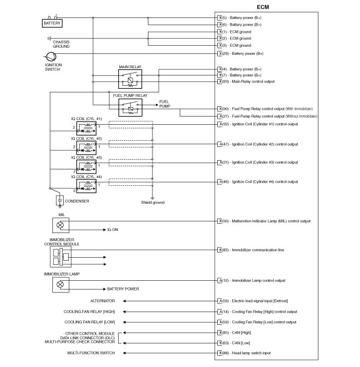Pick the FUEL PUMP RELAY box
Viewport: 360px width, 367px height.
click(131, 107)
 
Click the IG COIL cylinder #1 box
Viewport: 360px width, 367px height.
click(86, 128)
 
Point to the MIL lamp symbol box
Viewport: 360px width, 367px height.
click(60, 225)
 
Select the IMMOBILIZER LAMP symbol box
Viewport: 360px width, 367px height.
click(60, 284)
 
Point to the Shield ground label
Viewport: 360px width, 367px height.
click(153, 203)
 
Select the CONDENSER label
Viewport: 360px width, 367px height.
click(77, 201)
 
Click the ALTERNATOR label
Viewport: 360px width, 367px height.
click(103, 301)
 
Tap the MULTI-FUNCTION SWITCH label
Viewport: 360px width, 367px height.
click(91, 353)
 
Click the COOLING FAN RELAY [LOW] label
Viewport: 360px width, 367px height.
click(89, 322)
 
